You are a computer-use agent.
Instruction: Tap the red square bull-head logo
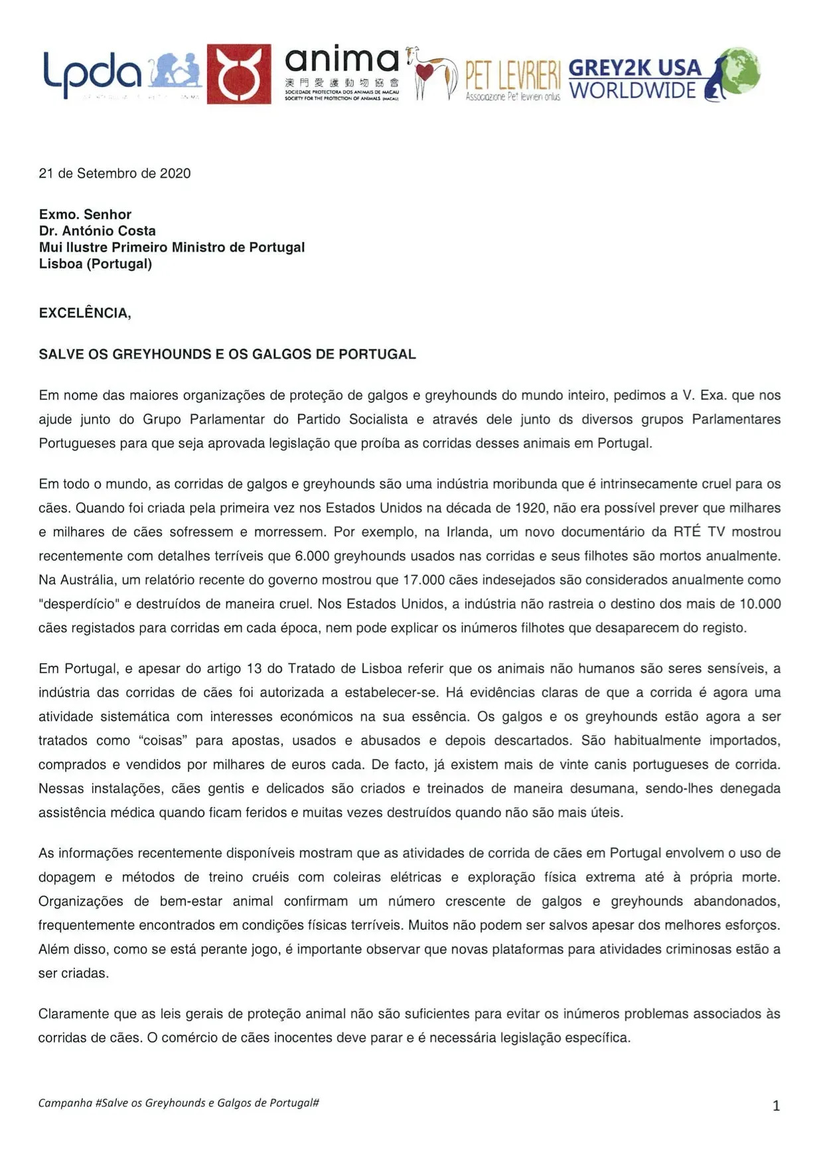(x=238, y=74)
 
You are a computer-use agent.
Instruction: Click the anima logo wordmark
(x=342, y=62)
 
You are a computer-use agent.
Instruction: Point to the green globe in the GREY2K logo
(x=741, y=70)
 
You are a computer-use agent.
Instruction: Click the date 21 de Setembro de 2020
(x=115, y=173)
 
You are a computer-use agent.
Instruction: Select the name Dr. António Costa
(x=98, y=231)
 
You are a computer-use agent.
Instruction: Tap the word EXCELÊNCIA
(x=85, y=313)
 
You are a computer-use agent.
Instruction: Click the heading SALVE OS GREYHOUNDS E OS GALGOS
(x=227, y=354)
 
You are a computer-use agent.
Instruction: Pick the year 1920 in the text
(x=531, y=508)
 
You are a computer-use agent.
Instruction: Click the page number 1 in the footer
(x=776, y=1106)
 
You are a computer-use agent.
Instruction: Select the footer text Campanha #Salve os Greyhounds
(x=179, y=1103)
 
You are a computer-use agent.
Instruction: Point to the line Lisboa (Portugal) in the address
(x=96, y=264)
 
